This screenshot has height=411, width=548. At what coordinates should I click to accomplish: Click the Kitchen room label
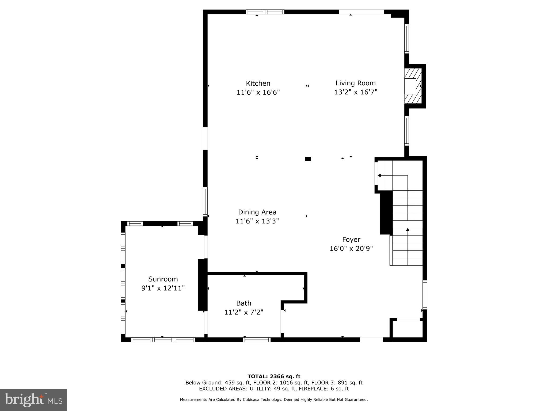pos(258,83)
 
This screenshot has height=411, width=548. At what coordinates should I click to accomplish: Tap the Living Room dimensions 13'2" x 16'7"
pos(355,92)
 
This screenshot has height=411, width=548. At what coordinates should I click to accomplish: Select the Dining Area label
pos(257,212)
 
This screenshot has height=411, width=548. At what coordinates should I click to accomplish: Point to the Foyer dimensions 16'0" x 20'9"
pos(351,249)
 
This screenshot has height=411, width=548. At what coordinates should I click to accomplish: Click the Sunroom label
pos(163,279)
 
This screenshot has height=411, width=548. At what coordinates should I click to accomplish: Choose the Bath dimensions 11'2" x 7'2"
pos(243,312)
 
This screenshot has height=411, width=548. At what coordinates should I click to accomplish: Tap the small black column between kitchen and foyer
pos(308,159)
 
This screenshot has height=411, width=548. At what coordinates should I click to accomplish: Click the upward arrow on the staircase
pos(408,230)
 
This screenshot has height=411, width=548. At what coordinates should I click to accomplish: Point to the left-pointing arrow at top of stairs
pos(379,176)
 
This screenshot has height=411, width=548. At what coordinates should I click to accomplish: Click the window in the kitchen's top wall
pos(265,12)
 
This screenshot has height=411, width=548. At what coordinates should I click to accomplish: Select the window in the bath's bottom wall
pos(257,340)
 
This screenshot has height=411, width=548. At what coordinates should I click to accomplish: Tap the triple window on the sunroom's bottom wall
pos(163,340)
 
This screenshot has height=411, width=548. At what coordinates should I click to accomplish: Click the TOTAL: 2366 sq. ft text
pos(274,376)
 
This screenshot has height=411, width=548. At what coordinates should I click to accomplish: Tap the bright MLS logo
pos(33,400)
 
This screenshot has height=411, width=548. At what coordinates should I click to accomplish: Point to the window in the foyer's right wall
pos(425,295)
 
